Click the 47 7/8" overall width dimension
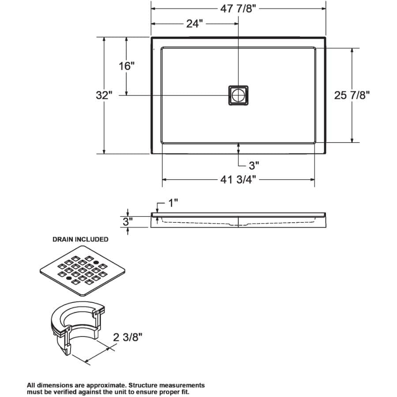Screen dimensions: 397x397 tap(238, 9)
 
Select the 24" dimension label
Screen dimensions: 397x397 tap(192, 23)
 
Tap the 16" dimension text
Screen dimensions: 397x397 tap(126, 66)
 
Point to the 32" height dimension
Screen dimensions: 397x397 tap(105, 95)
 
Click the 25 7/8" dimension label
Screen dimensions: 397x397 tap(352, 95)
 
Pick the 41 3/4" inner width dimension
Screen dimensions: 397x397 tap(238, 180)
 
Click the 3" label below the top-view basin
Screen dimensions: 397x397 tap(254, 165)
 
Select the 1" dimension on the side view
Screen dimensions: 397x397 tap(172, 203)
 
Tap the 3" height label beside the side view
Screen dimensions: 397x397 tap(127, 221)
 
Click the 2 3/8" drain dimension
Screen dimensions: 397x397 tap(128, 337)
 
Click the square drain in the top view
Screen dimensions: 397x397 tap(238, 95)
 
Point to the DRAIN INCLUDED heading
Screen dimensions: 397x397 tap(80, 239)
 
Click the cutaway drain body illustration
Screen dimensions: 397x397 tap(77, 326)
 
